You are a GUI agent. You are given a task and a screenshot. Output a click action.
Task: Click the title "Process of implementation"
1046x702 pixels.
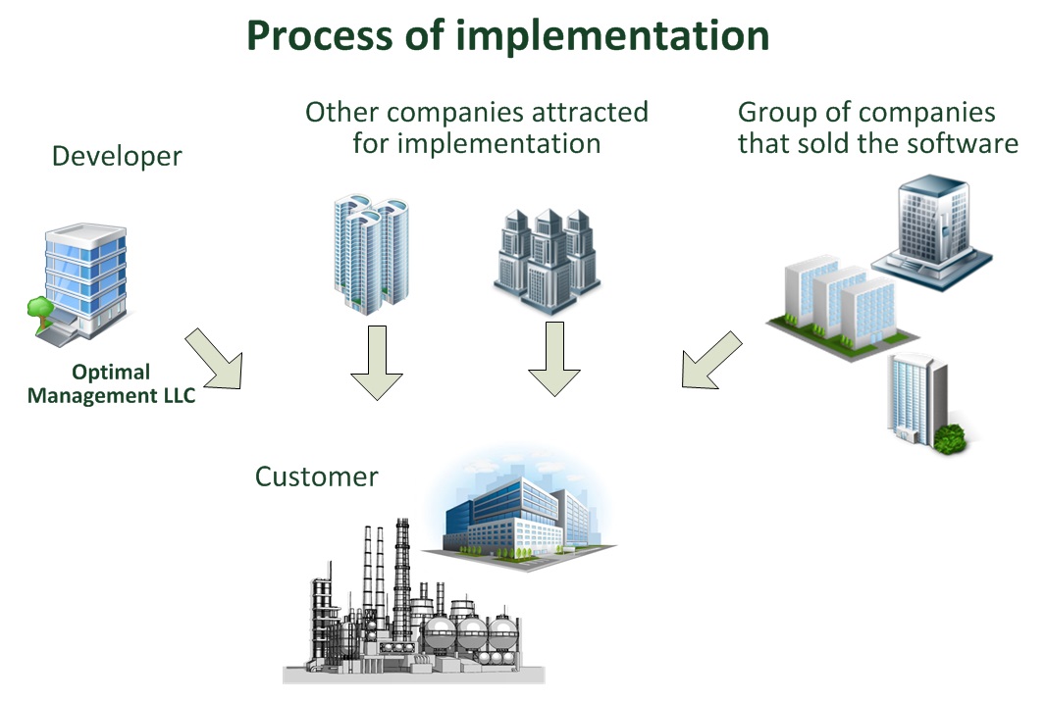click(507, 36)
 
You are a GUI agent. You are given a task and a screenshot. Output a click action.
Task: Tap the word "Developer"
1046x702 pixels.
click(117, 157)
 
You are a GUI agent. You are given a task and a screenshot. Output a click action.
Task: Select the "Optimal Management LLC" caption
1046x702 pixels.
click(112, 383)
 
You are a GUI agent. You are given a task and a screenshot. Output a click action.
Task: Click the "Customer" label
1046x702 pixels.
click(316, 476)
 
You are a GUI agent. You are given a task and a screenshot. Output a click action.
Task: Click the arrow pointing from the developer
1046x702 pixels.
click(215, 359)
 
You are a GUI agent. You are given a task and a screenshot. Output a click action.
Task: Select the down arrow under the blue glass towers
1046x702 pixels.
click(377, 363)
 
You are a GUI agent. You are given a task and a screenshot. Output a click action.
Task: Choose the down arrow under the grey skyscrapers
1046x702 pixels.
click(554, 359)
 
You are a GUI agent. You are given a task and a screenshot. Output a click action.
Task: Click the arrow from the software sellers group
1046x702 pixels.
click(711, 360)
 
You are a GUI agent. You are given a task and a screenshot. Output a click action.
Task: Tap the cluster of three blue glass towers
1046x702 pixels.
click(372, 254)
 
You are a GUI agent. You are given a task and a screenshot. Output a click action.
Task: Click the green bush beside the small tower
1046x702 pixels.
click(949, 438)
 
